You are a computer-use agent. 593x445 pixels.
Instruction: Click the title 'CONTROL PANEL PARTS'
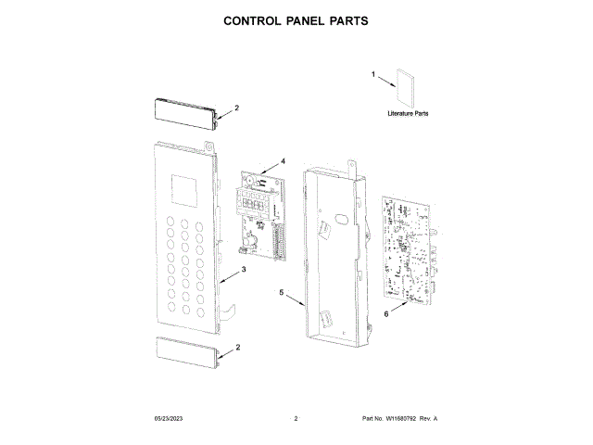click(x=296, y=20)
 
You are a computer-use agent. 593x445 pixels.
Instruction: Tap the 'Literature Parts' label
click(x=408, y=113)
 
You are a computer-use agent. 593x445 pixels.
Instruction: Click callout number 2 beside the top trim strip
click(x=236, y=108)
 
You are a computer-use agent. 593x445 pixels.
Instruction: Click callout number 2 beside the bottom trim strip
click(x=238, y=347)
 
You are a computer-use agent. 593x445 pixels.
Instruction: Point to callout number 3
click(x=244, y=270)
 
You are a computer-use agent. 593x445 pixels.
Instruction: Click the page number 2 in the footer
click(x=295, y=419)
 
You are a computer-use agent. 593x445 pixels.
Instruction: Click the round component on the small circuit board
click(x=249, y=235)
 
